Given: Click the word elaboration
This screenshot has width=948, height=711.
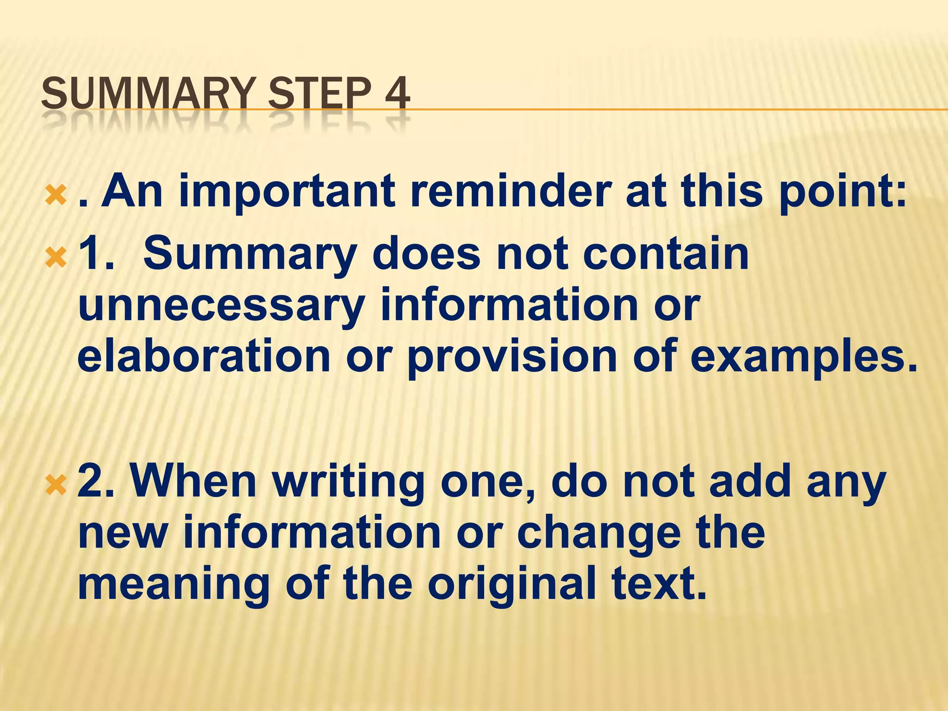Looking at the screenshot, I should tap(204, 355).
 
